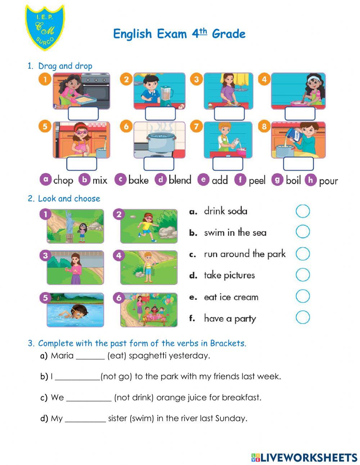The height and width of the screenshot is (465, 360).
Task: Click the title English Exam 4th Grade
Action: [179, 34]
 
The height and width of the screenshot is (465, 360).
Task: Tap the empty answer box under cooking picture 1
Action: [83, 113]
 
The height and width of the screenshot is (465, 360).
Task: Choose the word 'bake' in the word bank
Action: [138, 180]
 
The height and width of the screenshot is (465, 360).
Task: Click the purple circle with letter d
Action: [161, 179]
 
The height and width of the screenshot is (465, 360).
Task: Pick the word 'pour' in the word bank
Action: [328, 180]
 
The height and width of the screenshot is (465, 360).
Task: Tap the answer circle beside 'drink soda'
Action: [302, 211]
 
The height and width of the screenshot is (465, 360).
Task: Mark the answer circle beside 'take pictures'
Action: [302, 275]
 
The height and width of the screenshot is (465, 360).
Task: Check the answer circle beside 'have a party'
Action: [302, 318]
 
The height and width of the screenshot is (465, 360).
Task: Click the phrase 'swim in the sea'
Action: [235, 233]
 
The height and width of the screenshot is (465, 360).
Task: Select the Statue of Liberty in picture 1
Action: [69, 225]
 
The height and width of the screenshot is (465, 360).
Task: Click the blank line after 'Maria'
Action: [90, 356]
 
